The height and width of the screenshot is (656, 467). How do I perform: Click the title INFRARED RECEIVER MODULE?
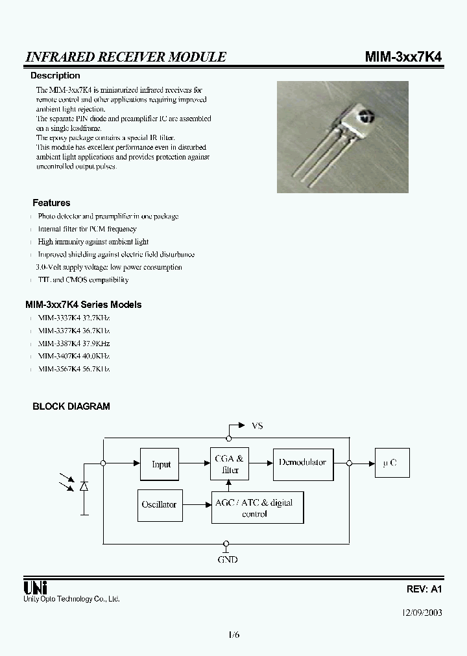pos(125,57)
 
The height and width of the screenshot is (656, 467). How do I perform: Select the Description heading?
pos(55,76)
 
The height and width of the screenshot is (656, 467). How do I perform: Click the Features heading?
pos(51,203)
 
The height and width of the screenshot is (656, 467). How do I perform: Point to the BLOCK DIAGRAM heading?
pos(71,406)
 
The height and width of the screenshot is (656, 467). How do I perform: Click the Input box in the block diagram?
pos(161,464)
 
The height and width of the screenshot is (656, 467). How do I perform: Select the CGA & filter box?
pos(230,463)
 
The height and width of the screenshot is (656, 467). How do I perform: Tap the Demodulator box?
pos(303,463)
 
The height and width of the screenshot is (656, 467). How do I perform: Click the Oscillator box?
pos(159,504)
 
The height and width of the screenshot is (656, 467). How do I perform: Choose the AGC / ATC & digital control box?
pos(257,508)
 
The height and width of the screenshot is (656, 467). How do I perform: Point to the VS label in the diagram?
pos(257,426)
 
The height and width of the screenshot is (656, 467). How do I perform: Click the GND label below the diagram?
pos(226,559)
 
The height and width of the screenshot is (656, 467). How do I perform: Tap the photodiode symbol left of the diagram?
pos(84,486)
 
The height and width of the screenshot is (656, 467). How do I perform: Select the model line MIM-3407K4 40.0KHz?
pos(73,356)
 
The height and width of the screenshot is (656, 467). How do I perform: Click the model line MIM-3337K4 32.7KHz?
pos(73,318)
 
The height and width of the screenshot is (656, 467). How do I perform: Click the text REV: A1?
pos(424,589)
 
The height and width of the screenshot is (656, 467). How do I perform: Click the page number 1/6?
pos(233,635)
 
